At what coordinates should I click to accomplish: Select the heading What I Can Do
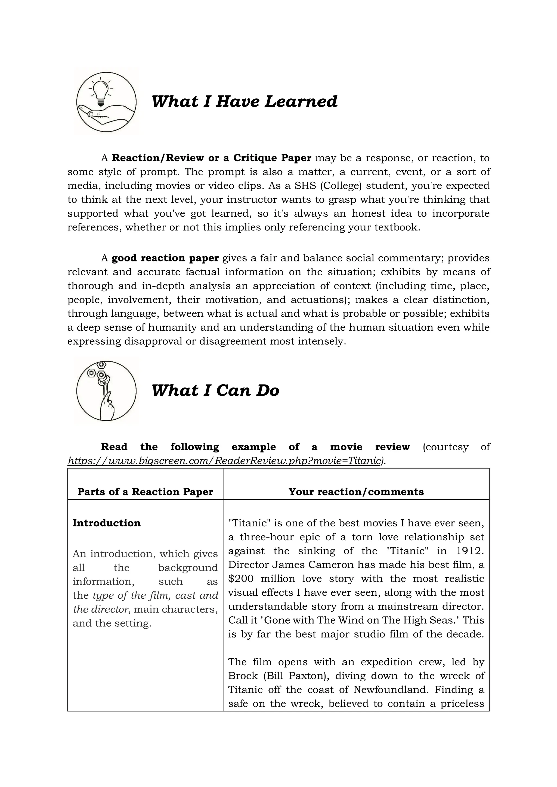pos(215,391)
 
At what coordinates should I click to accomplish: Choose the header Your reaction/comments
pos(356,492)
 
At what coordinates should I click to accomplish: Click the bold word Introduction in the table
pos(107,523)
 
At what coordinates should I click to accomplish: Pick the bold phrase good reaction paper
pos(165,258)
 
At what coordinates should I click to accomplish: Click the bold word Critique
pos(255,158)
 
